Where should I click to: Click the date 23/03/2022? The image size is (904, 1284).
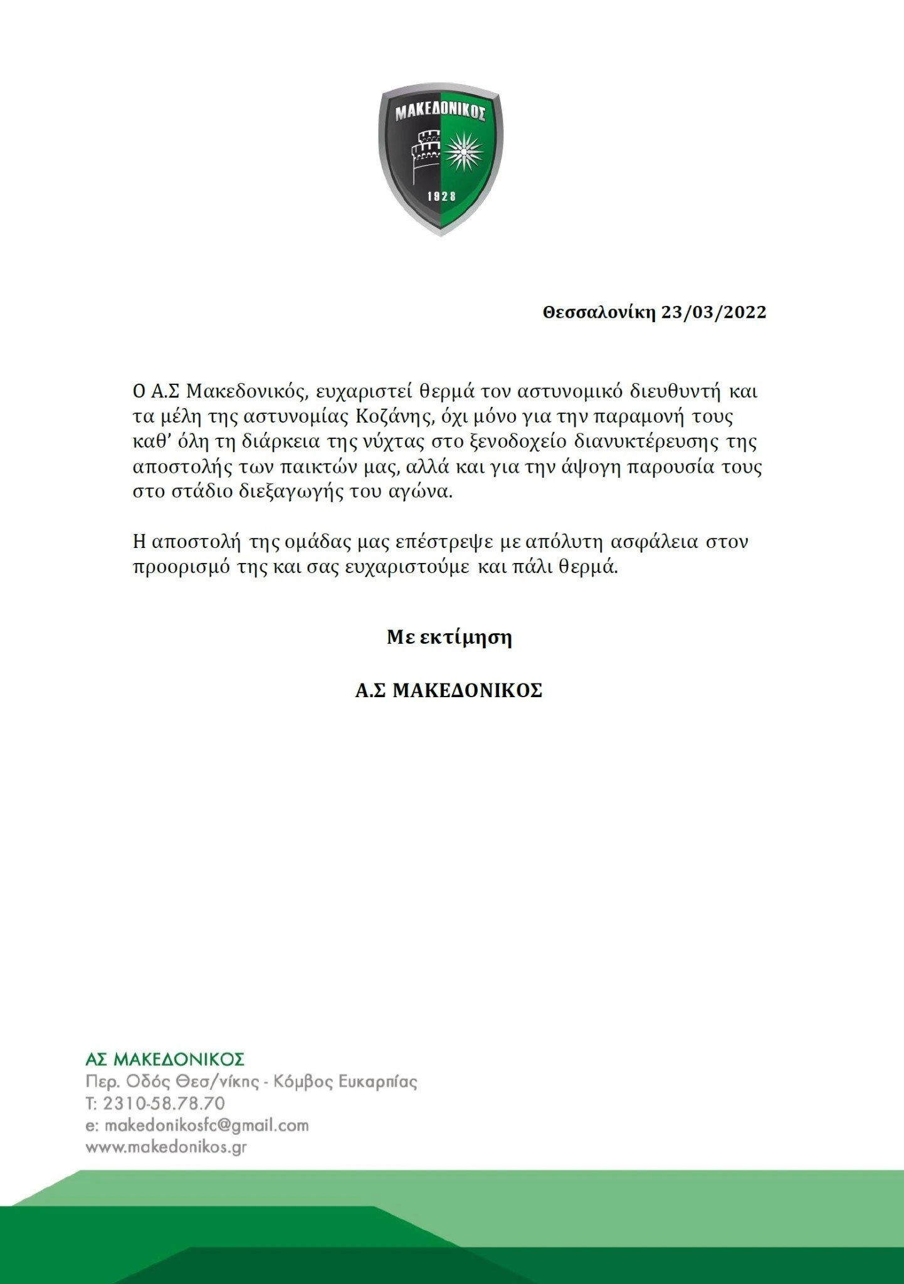(714, 312)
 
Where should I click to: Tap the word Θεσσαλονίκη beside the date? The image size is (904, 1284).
(599, 312)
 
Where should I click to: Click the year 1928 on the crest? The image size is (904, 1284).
(441, 197)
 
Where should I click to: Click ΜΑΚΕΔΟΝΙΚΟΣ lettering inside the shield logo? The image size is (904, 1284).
(441, 113)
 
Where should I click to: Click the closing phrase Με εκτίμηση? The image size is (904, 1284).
(449, 638)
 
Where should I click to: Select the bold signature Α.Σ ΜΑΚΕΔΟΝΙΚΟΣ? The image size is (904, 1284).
(449, 691)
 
